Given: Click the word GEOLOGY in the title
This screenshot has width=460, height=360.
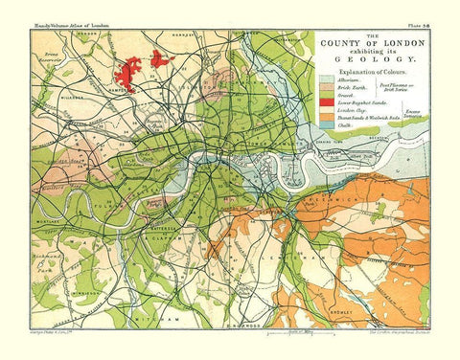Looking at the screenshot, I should click(x=368, y=56).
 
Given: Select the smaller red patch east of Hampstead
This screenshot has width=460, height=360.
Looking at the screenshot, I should click(x=159, y=60).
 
